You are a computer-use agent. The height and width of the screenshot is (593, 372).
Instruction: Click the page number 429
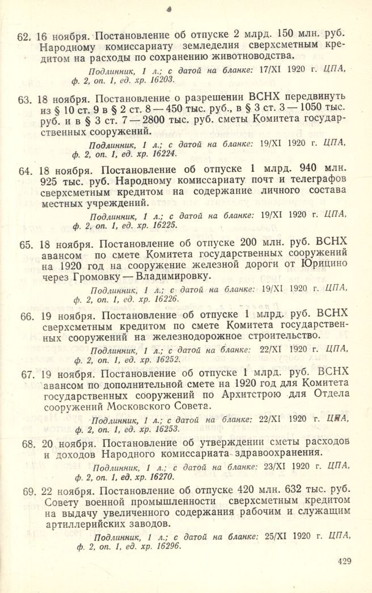coord(344,562)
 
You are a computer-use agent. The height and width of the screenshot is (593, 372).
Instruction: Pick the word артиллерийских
coord(77,524)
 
